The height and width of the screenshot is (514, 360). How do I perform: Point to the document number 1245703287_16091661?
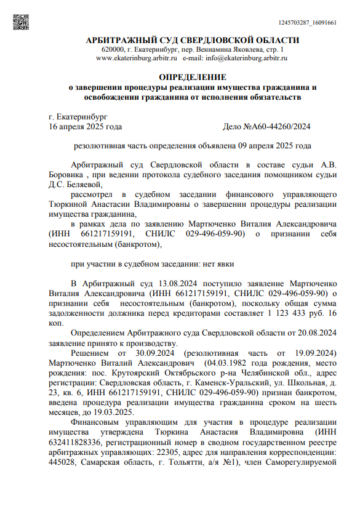[x=307, y=23]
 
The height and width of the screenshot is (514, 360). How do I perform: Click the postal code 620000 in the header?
[x=113, y=49]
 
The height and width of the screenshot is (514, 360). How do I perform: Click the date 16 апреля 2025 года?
[x=85, y=126]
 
